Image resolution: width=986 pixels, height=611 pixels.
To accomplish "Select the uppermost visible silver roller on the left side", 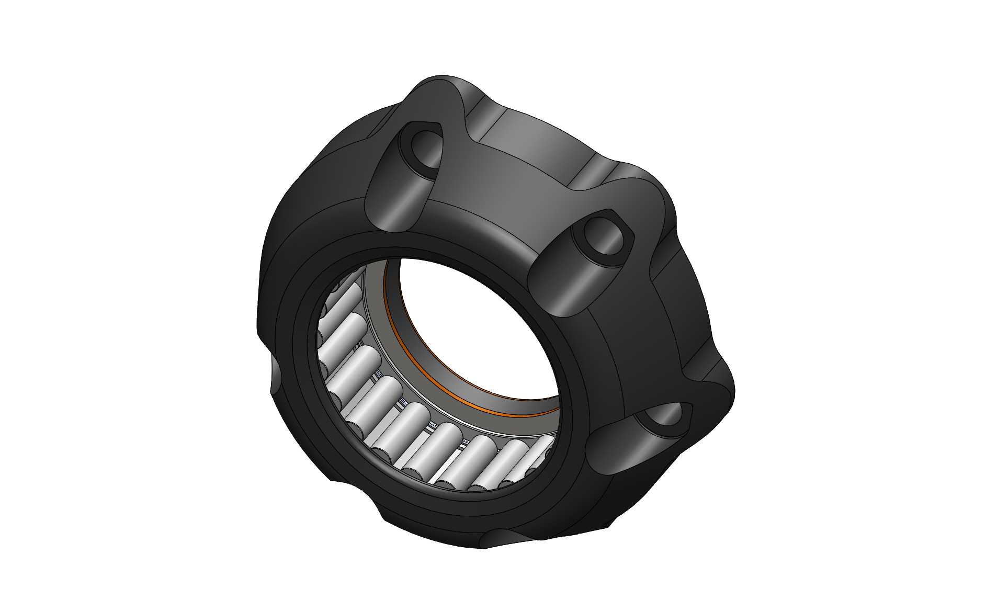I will click(x=340, y=293).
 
